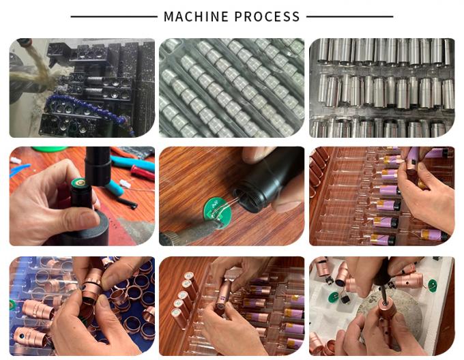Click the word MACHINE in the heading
(196, 16)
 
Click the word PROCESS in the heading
(267, 16)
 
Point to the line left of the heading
(114, 17)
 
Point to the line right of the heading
(350, 17)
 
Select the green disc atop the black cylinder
(79, 183)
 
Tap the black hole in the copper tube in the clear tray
(22, 336)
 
